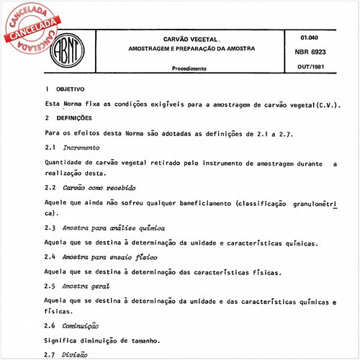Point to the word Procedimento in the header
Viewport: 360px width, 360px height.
coord(189,68)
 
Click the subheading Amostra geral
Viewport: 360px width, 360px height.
coord(86,285)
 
